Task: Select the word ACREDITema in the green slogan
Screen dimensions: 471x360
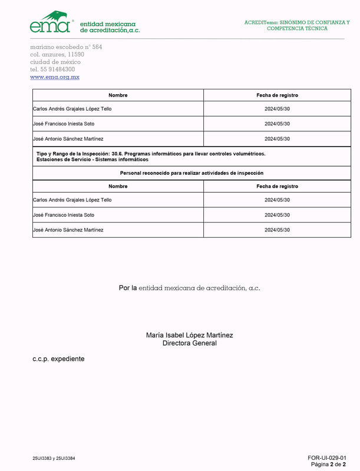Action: click(260, 22)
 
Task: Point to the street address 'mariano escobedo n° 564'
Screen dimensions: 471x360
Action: click(66, 47)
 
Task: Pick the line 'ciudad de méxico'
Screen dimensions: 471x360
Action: click(55, 62)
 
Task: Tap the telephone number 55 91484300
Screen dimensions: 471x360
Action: click(58, 69)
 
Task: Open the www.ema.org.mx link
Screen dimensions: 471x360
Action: click(55, 77)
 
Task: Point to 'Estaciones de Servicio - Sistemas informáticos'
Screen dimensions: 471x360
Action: click(93, 160)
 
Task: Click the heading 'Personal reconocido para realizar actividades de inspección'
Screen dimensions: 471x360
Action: click(191, 173)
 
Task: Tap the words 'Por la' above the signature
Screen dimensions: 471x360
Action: click(128, 288)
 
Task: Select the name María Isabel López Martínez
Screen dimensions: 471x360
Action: click(190, 335)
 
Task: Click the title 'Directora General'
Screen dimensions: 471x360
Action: click(190, 343)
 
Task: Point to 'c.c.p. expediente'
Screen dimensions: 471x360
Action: click(58, 359)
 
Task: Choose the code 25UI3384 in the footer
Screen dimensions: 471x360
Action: click(65, 458)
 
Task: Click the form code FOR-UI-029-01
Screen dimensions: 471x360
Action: click(326, 457)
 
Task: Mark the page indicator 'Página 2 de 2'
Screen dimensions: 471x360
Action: click(328, 465)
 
